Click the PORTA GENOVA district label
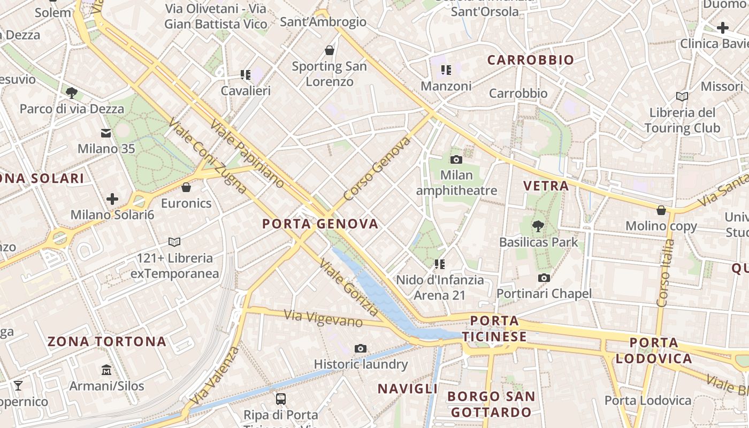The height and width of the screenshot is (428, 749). pyautogui.click(x=320, y=224)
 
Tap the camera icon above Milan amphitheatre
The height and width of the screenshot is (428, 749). pyautogui.click(x=456, y=159)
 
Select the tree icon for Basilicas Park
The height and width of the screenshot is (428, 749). pyautogui.click(x=538, y=226)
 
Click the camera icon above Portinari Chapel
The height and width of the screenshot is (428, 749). pyautogui.click(x=544, y=278)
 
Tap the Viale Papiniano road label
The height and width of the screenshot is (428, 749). pyautogui.click(x=247, y=154)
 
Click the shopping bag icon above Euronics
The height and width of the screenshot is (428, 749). pyautogui.click(x=186, y=187)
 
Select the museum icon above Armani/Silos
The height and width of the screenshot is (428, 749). pyautogui.click(x=106, y=370)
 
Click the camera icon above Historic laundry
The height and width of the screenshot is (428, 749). pyautogui.click(x=361, y=349)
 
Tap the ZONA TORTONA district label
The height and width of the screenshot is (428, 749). pyautogui.click(x=107, y=341)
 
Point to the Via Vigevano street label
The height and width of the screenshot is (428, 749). pyautogui.click(x=324, y=318)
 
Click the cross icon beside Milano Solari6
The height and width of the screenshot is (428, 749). pyautogui.click(x=112, y=200)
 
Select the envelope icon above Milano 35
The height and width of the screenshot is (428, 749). pyautogui.click(x=106, y=133)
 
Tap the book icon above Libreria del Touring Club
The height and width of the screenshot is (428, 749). pyautogui.click(x=682, y=96)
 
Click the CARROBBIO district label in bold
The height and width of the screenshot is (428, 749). pyautogui.click(x=530, y=60)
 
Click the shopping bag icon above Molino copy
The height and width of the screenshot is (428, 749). pyautogui.click(x=661, y=210)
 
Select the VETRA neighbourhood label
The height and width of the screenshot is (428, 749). pyautogui.click(x=546, y=186)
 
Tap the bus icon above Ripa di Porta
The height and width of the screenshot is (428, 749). pyautogui.click(x=281, y=399)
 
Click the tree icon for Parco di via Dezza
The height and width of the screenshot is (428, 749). pyautogui.click(x=72, y=93)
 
